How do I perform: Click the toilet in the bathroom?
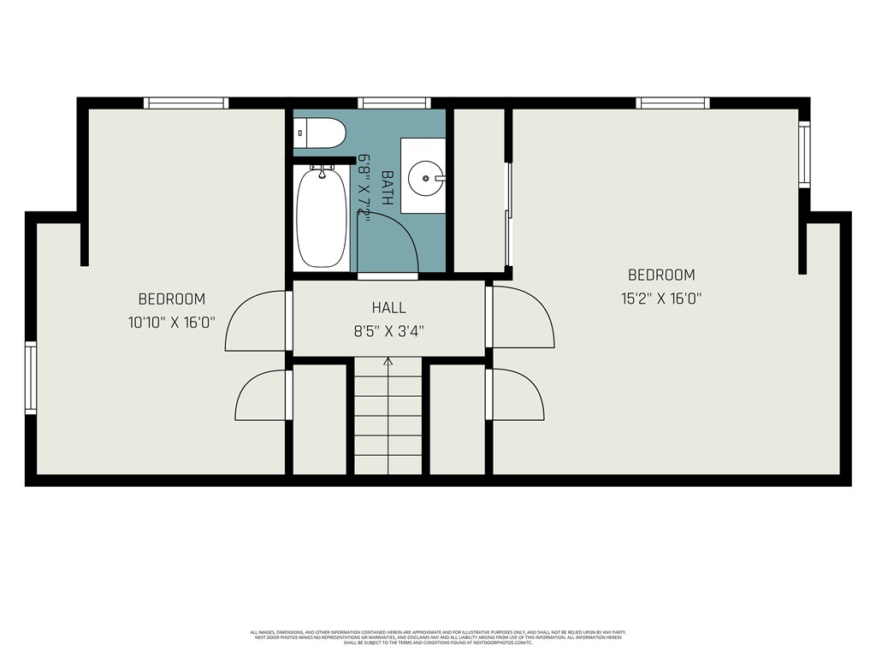coord(320,133)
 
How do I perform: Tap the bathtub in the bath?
coord(322,217)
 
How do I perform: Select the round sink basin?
coord(423,180)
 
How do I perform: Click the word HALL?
coord(389,308)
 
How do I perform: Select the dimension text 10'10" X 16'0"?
coord(172,323)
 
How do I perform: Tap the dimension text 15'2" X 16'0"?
coord(661,299)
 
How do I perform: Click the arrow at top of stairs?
coord(388,362)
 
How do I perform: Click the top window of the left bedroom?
coord(186,103)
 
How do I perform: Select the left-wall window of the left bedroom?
coord(31,377)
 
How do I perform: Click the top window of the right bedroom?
coord(672,103)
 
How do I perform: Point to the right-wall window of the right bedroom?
coord(804,154)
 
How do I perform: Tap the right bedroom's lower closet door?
coord(516,394)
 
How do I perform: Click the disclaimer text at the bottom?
coord(437,636)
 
